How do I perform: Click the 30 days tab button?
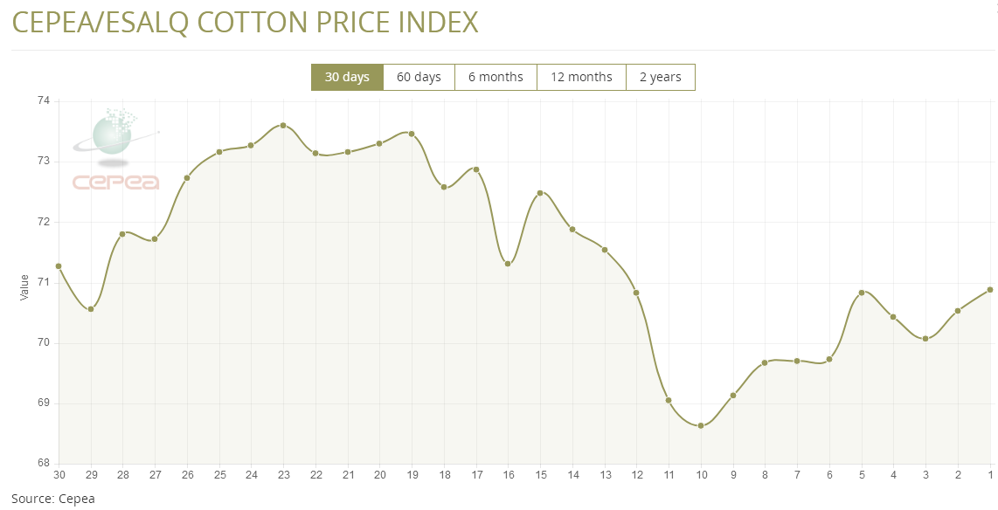(347, 77)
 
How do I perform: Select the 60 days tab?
(419, 77)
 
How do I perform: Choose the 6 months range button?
(496, 77)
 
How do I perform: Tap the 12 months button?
(581, 77)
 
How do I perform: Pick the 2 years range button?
(660, 77)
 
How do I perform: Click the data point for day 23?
(283, 125)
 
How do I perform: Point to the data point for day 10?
(701, 426)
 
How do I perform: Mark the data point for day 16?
(508, 264)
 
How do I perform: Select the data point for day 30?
(59, 266)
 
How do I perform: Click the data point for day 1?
(990, 290)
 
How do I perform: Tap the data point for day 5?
(862, 293)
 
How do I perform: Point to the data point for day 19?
(412, 134)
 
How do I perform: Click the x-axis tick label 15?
(540, 475)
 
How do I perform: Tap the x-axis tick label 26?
(187, 475)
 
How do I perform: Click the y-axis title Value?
(24, 287)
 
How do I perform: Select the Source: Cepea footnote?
(52, 500)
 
